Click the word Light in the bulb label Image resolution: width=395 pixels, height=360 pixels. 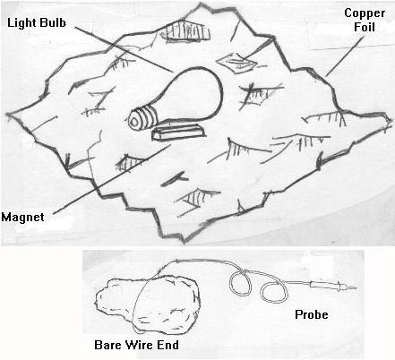pos(22,23)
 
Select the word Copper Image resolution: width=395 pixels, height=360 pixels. pos(365,13)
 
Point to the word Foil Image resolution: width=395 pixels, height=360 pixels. pos(365,27)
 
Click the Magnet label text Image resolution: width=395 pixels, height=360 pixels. pos(22,217)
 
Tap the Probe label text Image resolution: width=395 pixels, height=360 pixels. pos(312,314)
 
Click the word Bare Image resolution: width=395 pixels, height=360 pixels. pos(107,345)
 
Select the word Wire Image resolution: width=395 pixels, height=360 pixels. pos(139,345)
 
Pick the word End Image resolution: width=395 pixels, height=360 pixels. pos(168,345)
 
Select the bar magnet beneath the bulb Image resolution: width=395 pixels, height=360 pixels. pos(178,132)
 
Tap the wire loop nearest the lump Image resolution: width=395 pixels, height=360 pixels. pos(240,282)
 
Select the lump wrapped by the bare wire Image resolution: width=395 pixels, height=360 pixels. pos(147,302)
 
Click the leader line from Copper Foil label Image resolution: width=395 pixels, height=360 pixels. pos(345,56)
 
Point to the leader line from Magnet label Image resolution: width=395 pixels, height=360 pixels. pos(112,179)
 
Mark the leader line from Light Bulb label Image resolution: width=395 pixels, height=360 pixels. pos(124,49)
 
